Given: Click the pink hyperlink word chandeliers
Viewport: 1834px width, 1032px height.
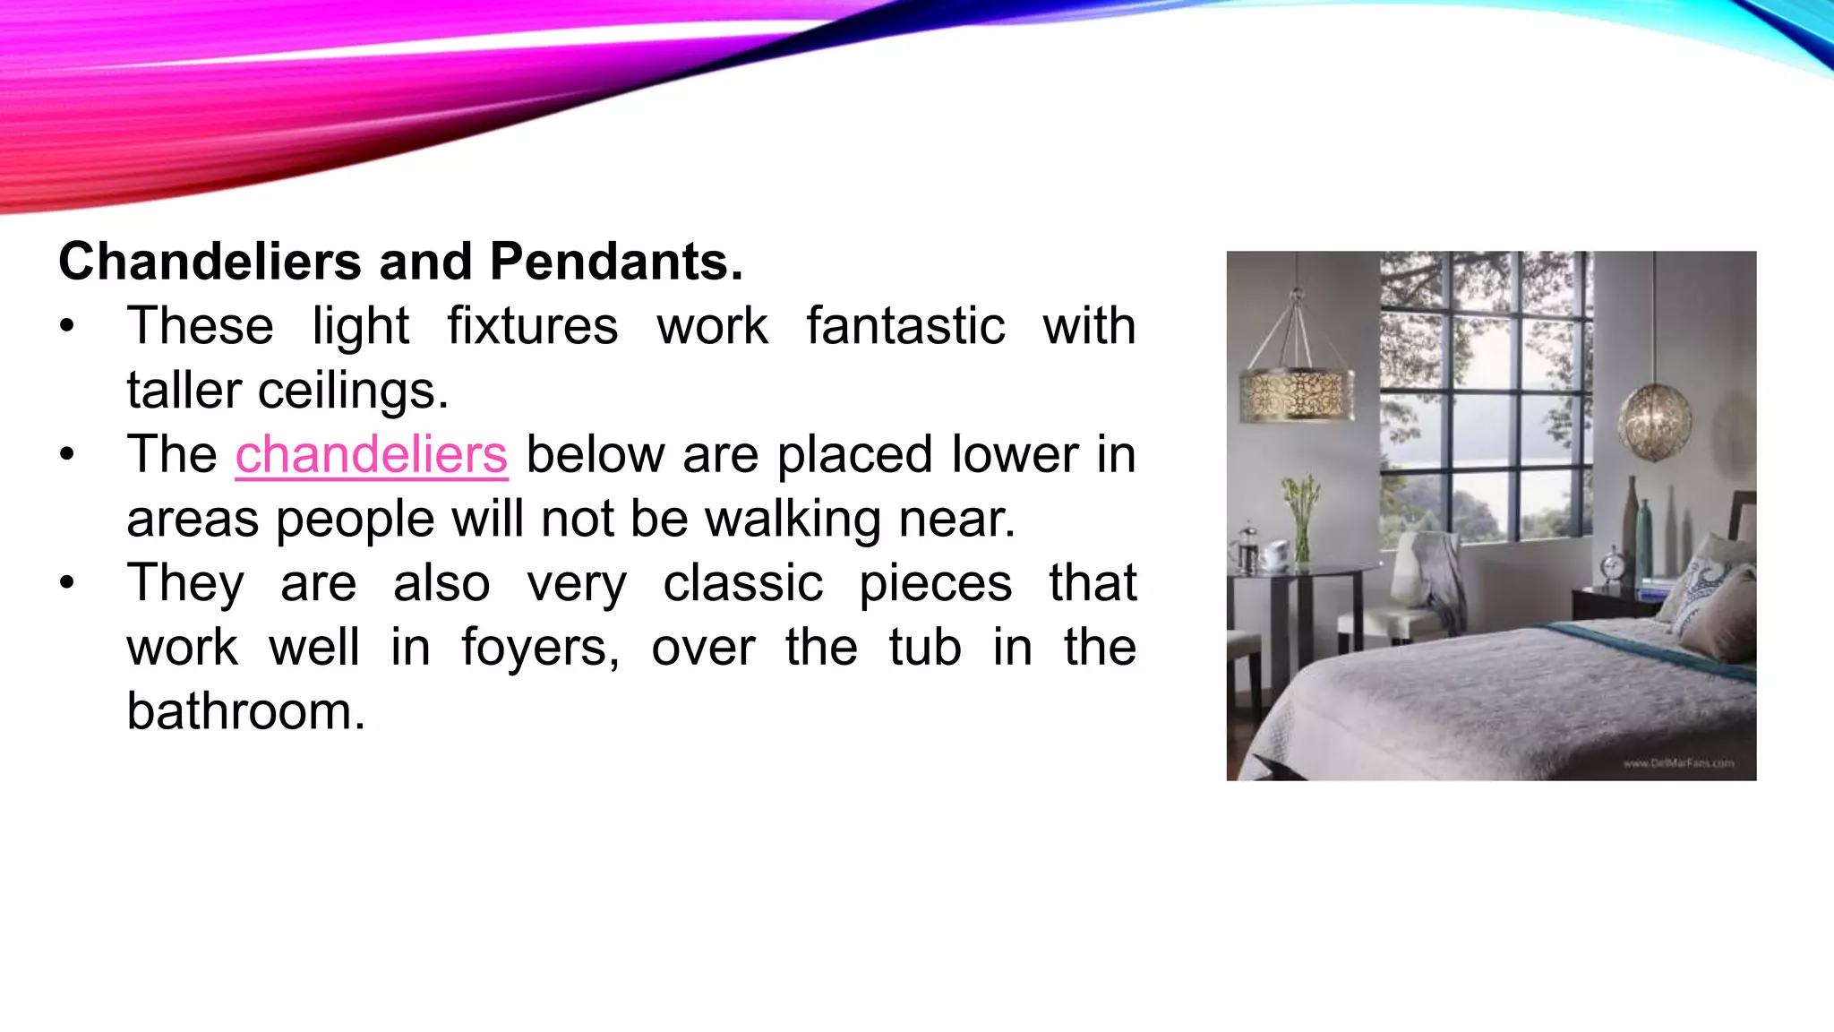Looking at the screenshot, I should [x=372, y=455].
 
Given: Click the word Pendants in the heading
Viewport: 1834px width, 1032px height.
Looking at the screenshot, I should [x=616, y=262].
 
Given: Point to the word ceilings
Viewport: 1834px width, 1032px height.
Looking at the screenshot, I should [x=353, y=391].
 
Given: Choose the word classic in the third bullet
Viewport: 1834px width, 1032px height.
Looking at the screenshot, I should [x=742, y=583].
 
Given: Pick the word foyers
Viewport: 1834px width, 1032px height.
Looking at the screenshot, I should [x=540, y=648].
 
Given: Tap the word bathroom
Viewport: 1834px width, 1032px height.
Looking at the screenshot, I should [x=246, y=711].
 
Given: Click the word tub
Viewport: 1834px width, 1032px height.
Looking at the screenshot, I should [x=925, y=648].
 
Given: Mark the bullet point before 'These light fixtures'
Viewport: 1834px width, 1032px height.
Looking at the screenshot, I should [x=67, y=326].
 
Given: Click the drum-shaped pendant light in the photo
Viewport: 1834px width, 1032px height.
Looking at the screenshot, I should [x=1297, y=394].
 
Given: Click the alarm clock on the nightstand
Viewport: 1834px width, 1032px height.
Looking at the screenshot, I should [x=1614, y=566].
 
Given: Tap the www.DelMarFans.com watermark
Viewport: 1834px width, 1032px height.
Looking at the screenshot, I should [x=1678, y=763].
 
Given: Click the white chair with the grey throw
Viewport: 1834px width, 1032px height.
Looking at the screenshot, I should [x=1424, y=591].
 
